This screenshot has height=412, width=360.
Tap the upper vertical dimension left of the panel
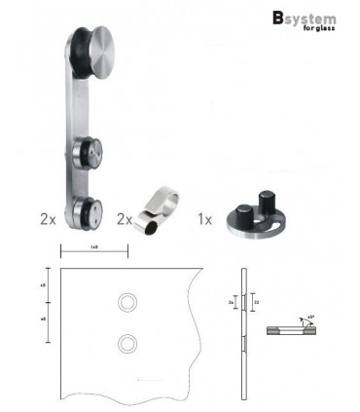46,286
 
